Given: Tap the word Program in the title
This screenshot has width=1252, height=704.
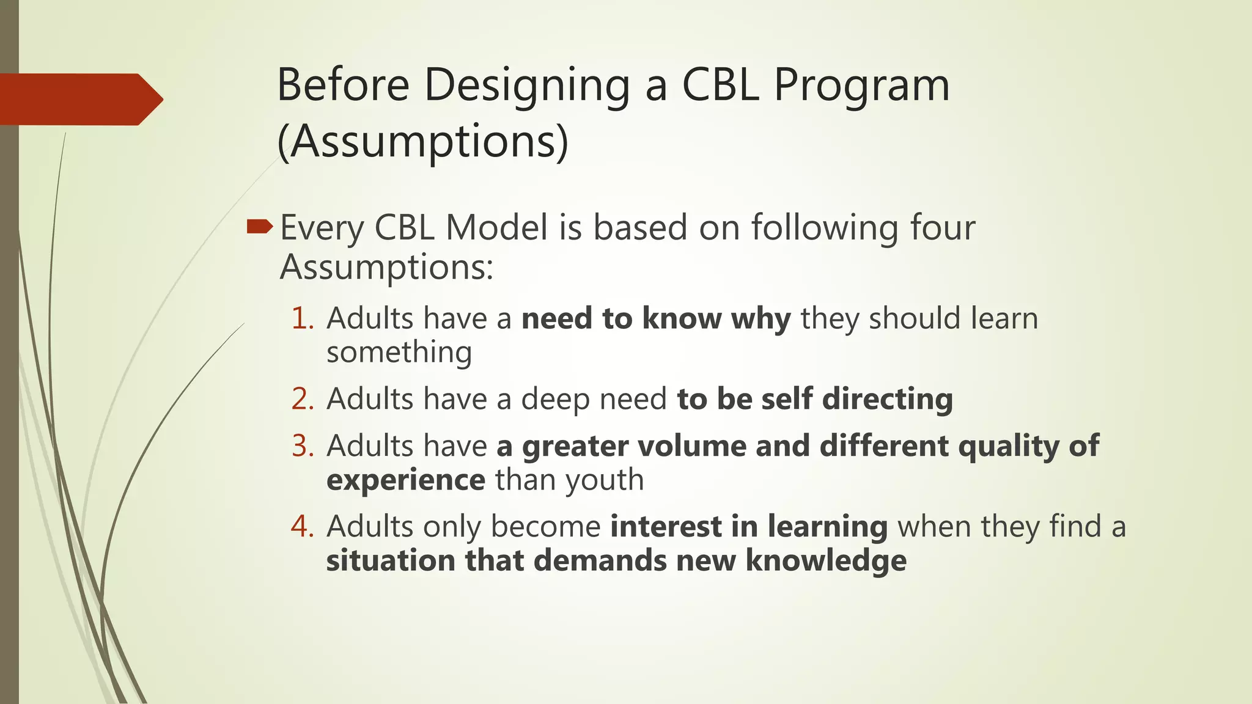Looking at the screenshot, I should [x=861, y=86].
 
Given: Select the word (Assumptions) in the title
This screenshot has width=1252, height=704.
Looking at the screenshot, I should [x=422, y=142].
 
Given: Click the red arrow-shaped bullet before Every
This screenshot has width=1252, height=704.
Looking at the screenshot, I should [x=260, y=228].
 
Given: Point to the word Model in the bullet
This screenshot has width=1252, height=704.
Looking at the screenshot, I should [x=496, y=227].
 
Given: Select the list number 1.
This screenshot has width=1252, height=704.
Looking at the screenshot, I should [x=302, y=319].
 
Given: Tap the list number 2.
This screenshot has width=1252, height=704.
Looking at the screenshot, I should [x=302, y=399].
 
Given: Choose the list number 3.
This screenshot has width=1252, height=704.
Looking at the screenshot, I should [x=302, y=446].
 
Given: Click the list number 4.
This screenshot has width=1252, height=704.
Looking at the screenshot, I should [x=302, y=526].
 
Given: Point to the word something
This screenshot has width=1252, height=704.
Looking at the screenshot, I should [x=399, y=353].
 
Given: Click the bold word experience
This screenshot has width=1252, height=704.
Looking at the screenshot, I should [x=406, y=480].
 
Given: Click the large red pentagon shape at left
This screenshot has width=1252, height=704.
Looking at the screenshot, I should [x=76, y=99].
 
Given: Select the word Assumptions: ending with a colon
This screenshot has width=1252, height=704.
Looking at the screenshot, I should [x=386, y=268].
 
